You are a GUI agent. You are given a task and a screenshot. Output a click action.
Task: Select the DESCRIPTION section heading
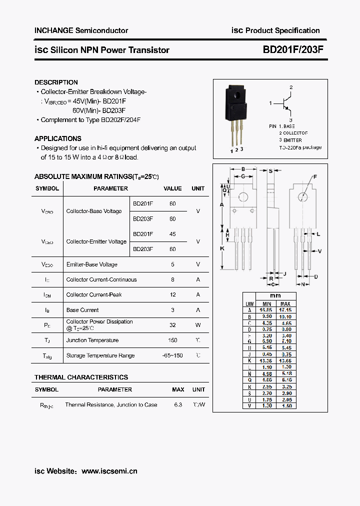(x=56, y=82)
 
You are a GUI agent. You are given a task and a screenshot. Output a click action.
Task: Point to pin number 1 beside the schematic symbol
(x=270, y=103)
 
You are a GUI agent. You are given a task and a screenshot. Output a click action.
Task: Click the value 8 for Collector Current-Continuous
(x=172, y=279)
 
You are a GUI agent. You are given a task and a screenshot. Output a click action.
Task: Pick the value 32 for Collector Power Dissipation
(x=172, y=325)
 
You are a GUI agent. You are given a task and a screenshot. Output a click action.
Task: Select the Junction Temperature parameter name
(x=92, y=340)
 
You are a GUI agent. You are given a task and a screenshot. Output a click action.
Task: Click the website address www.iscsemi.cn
(x=109, y=471)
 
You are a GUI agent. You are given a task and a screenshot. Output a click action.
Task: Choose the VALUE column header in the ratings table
(x=172, y=188)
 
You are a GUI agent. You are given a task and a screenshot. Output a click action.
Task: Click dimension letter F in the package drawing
(x=315, y=176)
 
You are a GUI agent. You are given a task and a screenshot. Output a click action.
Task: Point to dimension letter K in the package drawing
(x=222, y=248)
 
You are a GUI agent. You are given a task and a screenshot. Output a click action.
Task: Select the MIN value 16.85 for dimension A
(x=266, y=310)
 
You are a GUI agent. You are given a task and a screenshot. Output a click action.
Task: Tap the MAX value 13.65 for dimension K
(x=285, y=360)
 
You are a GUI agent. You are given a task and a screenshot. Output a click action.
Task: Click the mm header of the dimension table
(x=275, y=296)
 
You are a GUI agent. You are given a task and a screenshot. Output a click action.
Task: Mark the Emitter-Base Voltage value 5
(x=172, y=264)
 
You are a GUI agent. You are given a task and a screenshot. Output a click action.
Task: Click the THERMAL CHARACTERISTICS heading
(x=81, y=377)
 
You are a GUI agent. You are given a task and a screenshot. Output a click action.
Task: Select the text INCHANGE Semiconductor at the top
(x=81, y=30)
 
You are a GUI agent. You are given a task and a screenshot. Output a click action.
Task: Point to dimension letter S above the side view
(x=270, y=171)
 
